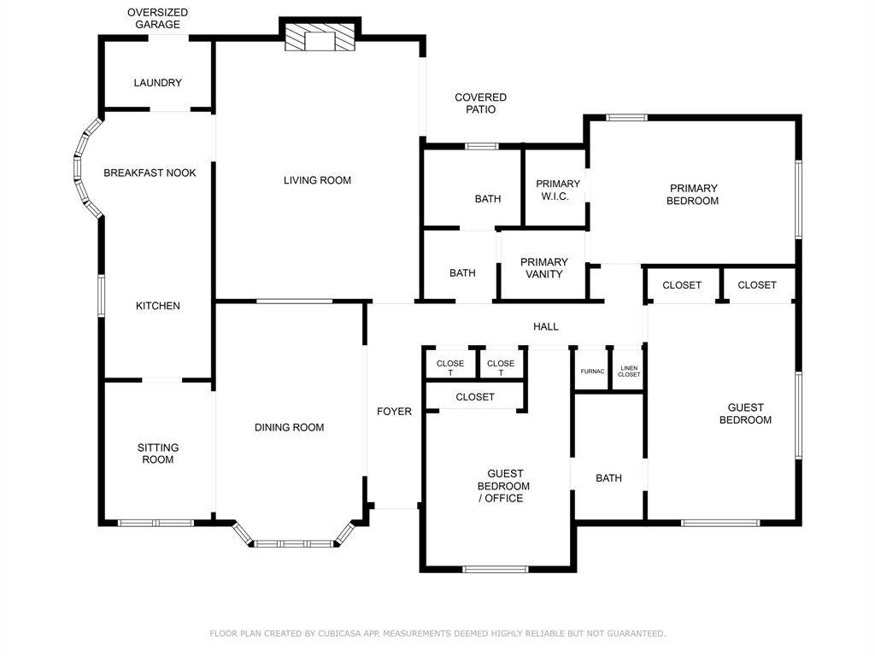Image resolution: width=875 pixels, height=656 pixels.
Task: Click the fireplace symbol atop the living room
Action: [320, 38]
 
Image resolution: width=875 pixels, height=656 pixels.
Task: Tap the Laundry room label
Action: [158, 83]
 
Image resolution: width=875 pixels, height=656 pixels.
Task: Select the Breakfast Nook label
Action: [150, 173]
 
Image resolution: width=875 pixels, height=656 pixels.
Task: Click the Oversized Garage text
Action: [158, 19]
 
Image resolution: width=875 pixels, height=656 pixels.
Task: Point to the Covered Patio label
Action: [480, 103]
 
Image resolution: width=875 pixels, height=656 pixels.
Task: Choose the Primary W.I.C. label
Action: [558, 190]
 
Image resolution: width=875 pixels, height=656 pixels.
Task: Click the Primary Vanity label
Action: [544, 268]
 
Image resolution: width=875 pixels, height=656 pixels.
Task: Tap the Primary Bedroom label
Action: [694, 195]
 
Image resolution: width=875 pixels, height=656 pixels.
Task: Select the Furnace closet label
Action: [592, 372]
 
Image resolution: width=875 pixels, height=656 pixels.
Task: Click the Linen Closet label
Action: [629, 372]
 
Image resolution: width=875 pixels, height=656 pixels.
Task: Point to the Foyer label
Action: [394, 412]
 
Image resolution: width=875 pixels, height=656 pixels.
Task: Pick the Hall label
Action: [546, 326]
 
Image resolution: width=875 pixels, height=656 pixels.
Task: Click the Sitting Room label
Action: [158, 454]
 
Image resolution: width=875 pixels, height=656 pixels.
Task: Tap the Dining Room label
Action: [289, 427]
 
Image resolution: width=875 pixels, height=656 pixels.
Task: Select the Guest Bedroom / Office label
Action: [504, 486]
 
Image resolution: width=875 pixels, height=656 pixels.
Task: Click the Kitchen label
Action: [158, 306]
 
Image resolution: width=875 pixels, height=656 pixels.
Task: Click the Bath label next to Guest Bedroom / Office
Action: [608, 478]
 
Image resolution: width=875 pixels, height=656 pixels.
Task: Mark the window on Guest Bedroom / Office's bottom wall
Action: [496, 569]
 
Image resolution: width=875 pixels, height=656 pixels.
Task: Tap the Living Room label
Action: [317, 180]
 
